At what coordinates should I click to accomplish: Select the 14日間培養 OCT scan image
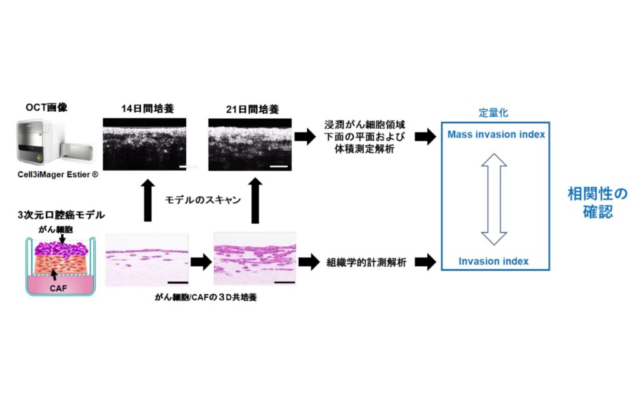(x=144, y=144)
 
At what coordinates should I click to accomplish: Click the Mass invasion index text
(x=496, y=134)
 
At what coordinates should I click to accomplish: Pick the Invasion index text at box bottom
(x=494, y=261)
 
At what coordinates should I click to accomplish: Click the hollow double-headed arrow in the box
(x=494, y=199)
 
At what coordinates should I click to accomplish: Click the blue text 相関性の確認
(x=597, y=202)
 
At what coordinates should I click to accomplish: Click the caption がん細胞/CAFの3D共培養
(x=206, y=297)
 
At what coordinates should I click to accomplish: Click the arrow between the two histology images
(x=201, y=262)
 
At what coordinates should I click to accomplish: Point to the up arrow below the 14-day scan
(x=148, y=200)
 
